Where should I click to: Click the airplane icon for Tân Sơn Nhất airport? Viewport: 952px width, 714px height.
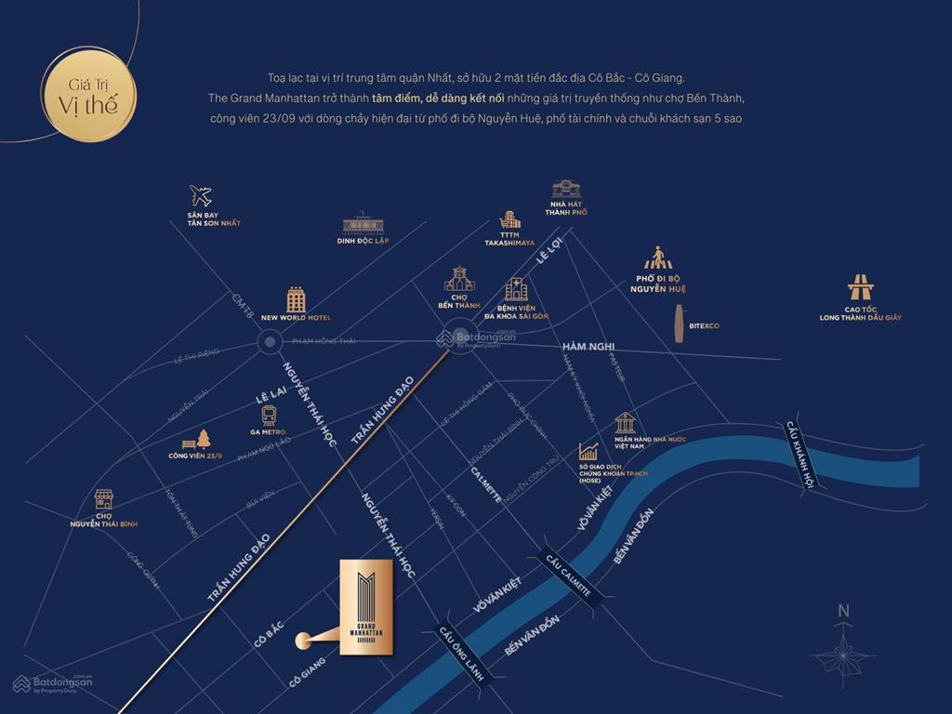click(200, 196)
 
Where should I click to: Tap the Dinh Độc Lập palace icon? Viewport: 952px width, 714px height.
click(361, 223)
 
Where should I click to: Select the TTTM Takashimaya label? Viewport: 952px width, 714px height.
click(509, 238)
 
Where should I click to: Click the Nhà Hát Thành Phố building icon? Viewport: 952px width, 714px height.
click(565, 190)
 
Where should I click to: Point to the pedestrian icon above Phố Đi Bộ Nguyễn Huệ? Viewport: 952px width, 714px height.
click(658, 258)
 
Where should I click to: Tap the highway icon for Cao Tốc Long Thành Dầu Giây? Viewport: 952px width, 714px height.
click(860, 287)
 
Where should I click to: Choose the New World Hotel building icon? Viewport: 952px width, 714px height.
click(296, 299)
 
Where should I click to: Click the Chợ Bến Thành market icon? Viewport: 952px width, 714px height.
click(458, 280)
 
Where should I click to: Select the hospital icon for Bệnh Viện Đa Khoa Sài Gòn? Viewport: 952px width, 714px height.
click(516, 289)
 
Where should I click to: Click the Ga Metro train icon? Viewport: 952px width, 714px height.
click(269, 415)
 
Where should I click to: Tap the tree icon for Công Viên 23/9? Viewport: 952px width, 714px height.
click(203, 439)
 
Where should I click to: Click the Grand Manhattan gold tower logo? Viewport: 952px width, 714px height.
click(366, 607)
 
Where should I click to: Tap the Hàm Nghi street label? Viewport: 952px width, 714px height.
click(588, 348)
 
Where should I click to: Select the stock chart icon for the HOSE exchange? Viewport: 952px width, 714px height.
click(588, 452)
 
